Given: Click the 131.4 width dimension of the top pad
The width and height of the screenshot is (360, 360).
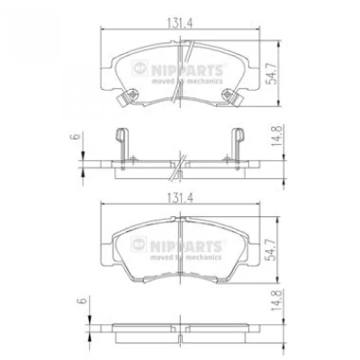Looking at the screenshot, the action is tap(180, 23).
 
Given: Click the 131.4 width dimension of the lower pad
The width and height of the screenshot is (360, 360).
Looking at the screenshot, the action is tap(180, 198).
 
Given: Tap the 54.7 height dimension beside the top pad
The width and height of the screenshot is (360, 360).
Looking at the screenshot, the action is tap(273, 73).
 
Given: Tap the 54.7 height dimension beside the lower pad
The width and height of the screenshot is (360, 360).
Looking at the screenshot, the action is tap(273, 249).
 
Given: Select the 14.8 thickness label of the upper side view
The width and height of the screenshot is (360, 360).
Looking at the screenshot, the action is tap(276, 136).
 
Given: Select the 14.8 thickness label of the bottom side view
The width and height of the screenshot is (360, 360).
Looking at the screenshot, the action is tap(276, 300).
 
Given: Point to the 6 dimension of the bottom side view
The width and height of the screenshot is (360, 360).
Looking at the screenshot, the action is tap(83, 300).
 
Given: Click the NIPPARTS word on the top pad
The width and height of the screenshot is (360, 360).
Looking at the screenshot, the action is tap(187, 71).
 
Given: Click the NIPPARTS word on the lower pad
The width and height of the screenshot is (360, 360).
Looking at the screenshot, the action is tap(186, 247).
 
